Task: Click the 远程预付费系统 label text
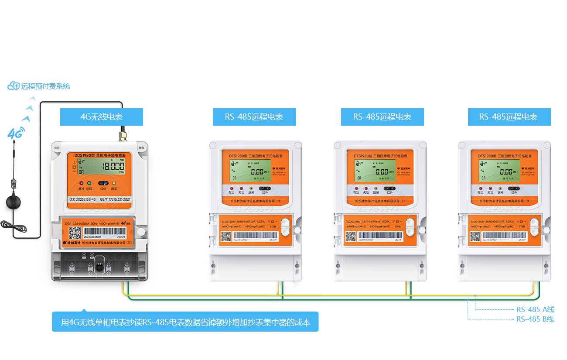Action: coord(45,86)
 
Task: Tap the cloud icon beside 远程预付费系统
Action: coord(14,86)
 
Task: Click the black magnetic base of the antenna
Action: coord(14,205)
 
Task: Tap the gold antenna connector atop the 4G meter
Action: coord(122,133)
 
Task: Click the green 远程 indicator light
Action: coord(89,183)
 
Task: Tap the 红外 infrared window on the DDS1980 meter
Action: coord(103,183)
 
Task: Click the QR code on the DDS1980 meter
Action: coord(75,233)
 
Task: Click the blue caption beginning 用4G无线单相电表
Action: coord(185,322)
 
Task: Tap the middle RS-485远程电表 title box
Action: coord(382,117)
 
